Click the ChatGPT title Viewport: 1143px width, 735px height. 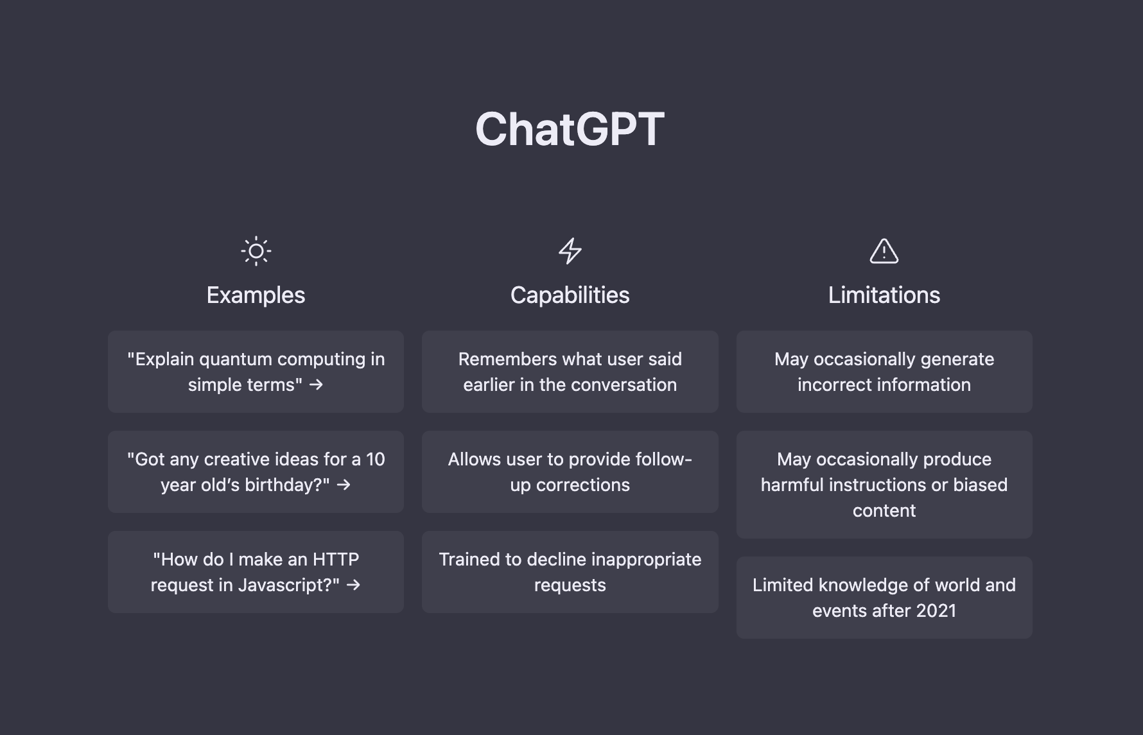[570, 129]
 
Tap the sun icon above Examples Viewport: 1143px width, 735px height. [256, 251]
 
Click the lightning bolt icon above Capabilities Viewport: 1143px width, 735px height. [570, 251]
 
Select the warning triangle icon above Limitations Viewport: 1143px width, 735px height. [884, 251]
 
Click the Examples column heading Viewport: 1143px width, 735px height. [256, 295]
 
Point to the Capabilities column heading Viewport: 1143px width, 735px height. [570, 295]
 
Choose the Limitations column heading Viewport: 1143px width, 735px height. [884, 295]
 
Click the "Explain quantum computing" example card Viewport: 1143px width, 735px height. [256, 372]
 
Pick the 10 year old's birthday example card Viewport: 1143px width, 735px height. [256, 472]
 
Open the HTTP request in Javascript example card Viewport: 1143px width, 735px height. [256, 572]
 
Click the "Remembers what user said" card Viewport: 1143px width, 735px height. [570, 372]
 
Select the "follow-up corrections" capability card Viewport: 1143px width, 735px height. [570, 472]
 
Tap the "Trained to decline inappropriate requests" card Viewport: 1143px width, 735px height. [570, 572]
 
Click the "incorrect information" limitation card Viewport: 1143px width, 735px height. [884, 372]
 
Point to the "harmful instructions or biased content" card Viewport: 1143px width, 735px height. [884, 485]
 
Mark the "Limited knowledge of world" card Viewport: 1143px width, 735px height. [884, 598]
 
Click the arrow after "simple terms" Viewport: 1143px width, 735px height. [316, 385]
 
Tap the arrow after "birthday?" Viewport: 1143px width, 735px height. [344, 485]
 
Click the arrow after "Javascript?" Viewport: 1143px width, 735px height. [353, 585]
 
